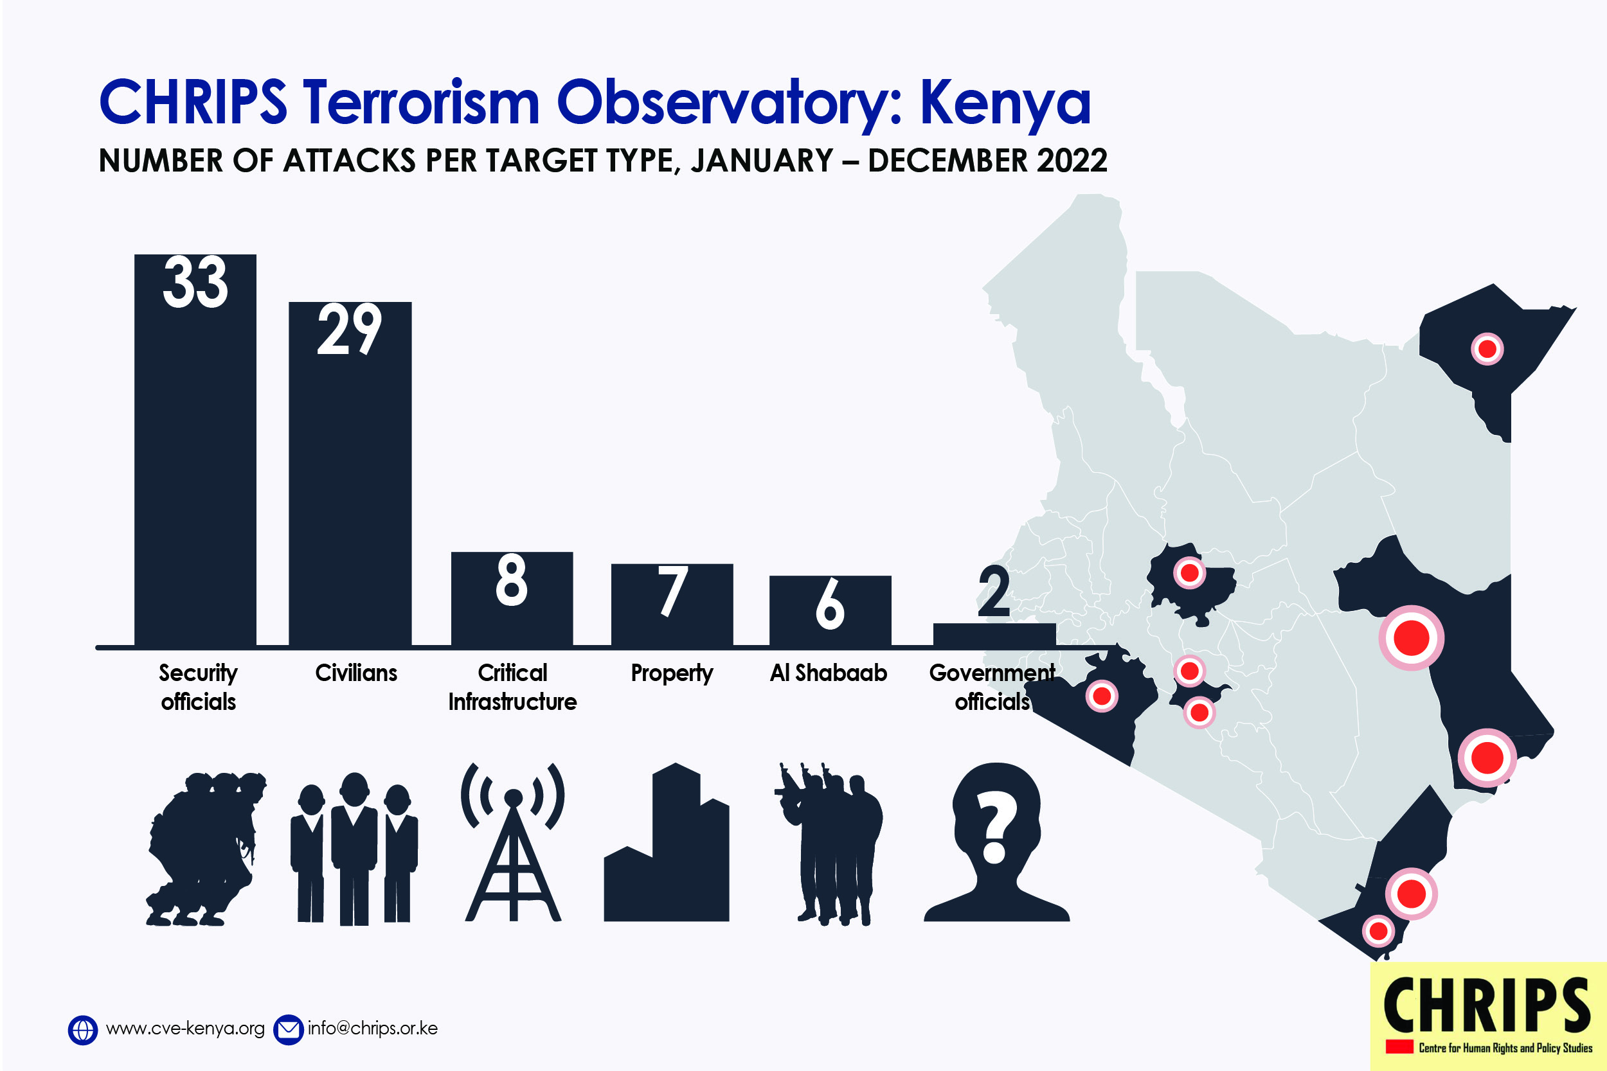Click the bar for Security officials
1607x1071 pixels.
tap(195, 450)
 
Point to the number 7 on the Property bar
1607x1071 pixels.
tap(672, 591)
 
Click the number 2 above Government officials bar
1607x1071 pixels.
tap(993, 592)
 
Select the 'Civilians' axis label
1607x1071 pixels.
tap(356, 673)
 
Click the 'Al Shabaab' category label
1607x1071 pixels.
tap(828, 673)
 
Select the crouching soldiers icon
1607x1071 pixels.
tap(206, 849)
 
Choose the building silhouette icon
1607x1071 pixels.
tap(666, 842)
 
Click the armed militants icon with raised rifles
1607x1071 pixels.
tap(829, 844)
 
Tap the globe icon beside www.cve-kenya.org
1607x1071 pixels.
tap(83, 1030)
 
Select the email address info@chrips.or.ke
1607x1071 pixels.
tap(372, 1029)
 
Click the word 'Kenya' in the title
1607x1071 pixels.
tap(1005, 104)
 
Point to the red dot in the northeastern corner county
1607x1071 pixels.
tap(1487, 349)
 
